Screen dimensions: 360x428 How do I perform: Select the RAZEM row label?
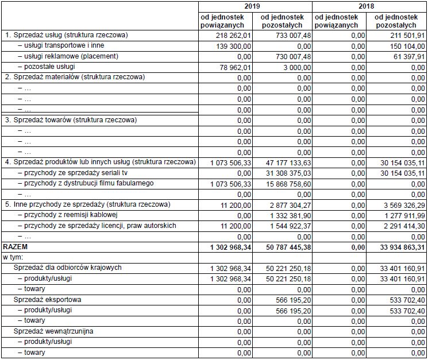coord(16,246)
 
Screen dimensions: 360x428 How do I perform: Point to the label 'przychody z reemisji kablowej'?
coord(68,215)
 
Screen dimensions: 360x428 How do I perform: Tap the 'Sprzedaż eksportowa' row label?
coord(48,300)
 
